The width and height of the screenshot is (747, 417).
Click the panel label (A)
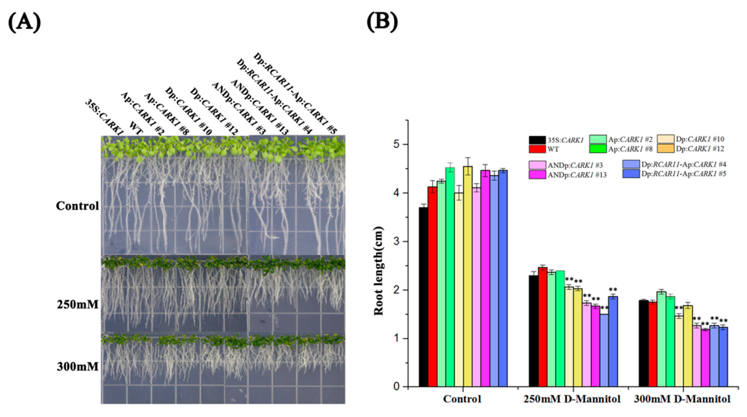(24, 23)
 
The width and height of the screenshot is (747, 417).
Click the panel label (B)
(382, 22)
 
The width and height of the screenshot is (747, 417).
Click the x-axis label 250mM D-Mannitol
(572, 399)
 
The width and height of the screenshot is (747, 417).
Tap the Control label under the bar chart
(462, 399)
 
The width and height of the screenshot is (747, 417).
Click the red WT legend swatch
(537, 149)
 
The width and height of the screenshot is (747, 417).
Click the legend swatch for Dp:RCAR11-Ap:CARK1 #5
(631, 174)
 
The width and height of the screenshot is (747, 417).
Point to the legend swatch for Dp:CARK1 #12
(665, 149)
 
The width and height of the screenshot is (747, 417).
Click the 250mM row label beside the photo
(78, 305)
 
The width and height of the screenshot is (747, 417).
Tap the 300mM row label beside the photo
(78, 367)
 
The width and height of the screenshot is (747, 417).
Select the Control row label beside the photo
(78, 206)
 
